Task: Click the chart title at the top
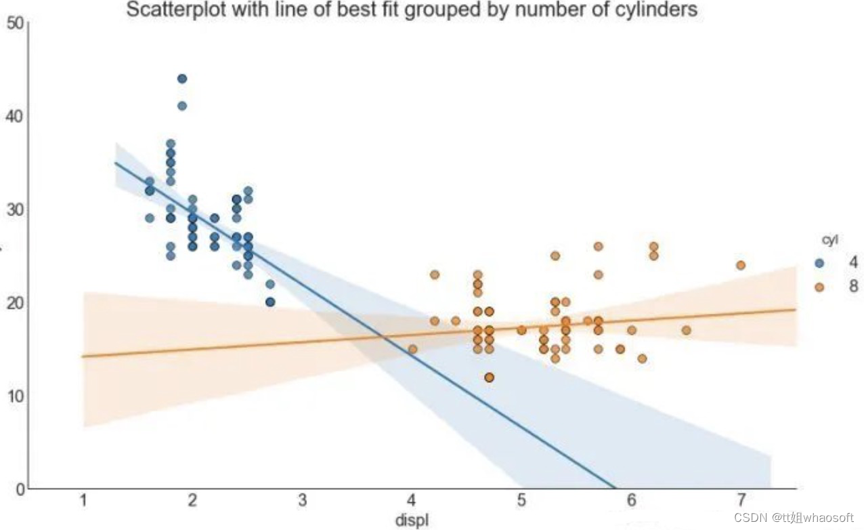(x=412, y=10)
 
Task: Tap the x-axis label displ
(x=412, y=519)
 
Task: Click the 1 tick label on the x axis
(x=84, y=501)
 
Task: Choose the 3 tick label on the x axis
(x=303, y=501)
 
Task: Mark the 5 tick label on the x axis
(x=521, y=501)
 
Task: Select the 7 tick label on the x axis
(x=741, y=501)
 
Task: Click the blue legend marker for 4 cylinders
(x=819, y=263)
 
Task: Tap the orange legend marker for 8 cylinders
(x=819, y=287)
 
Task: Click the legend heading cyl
(x=829, y=240)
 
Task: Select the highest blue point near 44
(x=182, y=79)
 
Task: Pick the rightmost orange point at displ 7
(x=741, y=265)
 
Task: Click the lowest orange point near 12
(x=489, y=378)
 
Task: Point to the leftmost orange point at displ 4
(x=412, y=349)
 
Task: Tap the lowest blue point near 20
(x=270, y=302)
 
